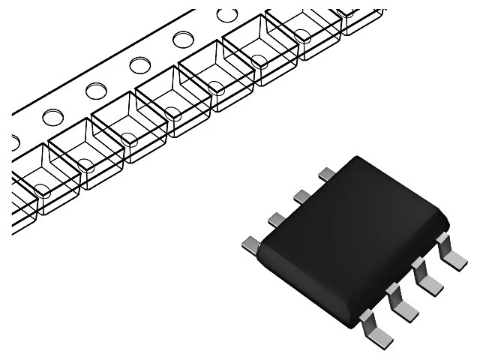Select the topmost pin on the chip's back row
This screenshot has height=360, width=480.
point(327,173)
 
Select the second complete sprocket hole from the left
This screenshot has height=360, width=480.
point(96,91)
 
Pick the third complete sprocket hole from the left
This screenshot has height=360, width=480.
point(139,65)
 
